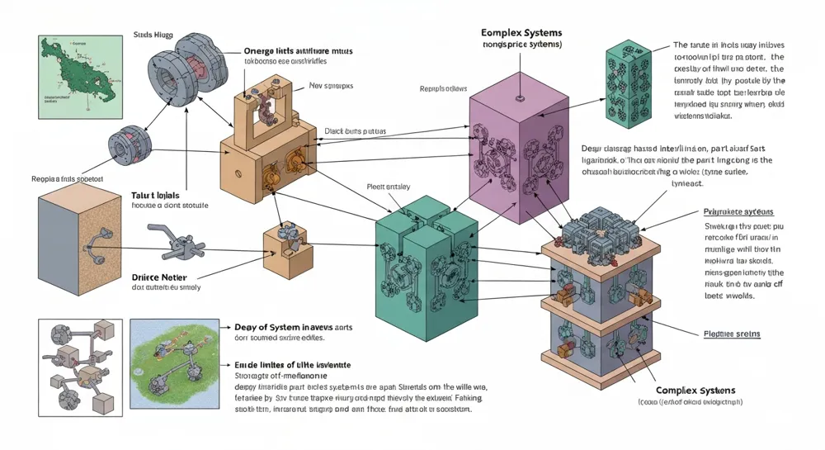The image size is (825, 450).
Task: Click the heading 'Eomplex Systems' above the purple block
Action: [x=521, y=32]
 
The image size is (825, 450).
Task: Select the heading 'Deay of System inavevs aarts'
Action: [x=286, y=327]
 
